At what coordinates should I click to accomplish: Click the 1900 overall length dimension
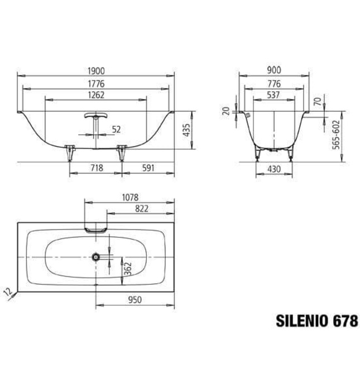[x=96, y=71]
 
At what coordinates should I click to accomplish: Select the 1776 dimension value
[x=96, y=83]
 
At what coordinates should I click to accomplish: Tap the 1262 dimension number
[x=96, y=95]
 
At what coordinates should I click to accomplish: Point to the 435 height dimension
[x=187, y=130]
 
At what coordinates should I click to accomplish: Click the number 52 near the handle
[x=116, y=130]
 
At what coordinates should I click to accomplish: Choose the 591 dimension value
[x=147, y=168]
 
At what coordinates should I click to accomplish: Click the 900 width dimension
[x=273, y=71]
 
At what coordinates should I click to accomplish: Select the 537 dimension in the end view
[x=273, y=95]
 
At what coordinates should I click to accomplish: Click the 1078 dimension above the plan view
[x=129, y=197]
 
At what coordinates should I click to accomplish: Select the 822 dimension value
[x=141, y=208]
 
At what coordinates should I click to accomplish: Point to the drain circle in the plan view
[x=96, y=256]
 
